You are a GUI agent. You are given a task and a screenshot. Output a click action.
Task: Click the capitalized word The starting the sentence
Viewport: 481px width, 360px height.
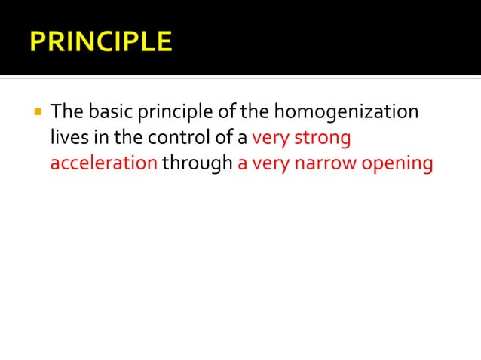(x=66, y=113)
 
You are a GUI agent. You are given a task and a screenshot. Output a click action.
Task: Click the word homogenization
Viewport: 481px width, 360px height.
(x=345, y=113)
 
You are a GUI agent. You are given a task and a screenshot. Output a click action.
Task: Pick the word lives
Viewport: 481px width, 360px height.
(x=66, y=139)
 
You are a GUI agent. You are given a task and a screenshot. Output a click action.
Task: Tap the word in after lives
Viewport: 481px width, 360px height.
(x=97, y=139)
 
